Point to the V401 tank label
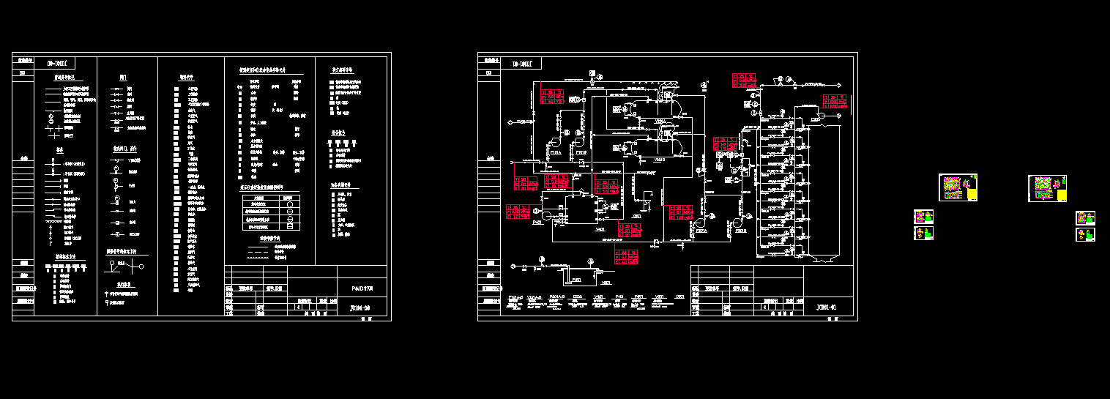coord(600,230)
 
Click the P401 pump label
coord(537,221)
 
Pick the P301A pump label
coord(701,231)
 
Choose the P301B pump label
coord(741,231)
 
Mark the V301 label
coord(637,217)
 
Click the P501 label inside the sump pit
coord(576,280)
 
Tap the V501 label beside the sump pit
coord(606,283)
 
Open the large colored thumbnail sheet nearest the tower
coord(958,187)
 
